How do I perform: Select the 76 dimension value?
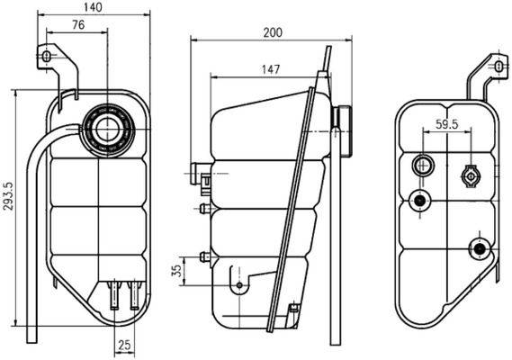click(x=79, y=25)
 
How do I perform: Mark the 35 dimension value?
click(x=178, y=268)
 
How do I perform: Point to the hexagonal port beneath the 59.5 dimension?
click(x=470, y=176)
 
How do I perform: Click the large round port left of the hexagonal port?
click(x=422, y=165)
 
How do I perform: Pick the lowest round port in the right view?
click(x=479, y=247)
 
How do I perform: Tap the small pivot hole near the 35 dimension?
click(x=239, y=287)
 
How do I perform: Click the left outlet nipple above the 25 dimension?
click(x=114, y=293)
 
